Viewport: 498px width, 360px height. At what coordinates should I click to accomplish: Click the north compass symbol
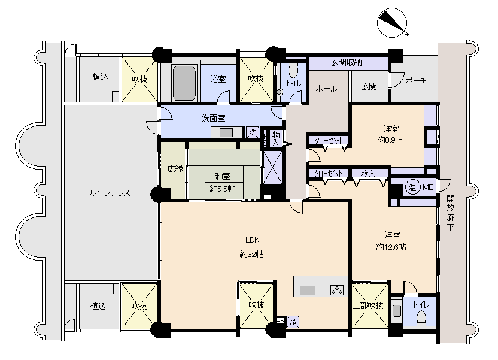point(392,23)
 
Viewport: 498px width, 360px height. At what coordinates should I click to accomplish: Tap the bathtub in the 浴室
point(184,83)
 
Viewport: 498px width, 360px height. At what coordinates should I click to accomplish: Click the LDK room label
point(253,240)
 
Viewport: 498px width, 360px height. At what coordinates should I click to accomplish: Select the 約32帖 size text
point(251,254)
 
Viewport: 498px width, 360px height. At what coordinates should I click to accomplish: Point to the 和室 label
point(223,176)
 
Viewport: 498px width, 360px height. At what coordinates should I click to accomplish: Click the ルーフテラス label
point(110,193)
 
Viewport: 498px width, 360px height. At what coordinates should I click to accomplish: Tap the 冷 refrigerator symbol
point(293,322)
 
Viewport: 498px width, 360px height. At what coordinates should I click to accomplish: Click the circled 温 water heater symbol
point(412,187)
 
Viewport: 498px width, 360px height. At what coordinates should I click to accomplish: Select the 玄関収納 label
point(347,62)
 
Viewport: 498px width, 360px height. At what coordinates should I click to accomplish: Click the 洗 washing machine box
point(253,132)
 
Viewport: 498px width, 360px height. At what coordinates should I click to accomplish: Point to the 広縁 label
point(175,168)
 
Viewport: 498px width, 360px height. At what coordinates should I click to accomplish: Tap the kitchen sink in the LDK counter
point(308,291)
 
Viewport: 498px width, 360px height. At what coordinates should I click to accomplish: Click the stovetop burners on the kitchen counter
point(336,290)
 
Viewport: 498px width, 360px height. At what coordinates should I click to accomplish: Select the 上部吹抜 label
point(368,305)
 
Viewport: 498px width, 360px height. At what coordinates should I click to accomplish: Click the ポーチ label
point(416,81)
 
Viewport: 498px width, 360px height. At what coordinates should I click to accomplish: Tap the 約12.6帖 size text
point(391,247)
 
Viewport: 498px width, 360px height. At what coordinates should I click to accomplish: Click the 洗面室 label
point(214,118)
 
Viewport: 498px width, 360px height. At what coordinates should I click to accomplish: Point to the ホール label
point(326,89)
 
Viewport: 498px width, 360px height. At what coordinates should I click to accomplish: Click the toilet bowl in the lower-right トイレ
point(421,317)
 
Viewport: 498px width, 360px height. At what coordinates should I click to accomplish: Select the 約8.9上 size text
point(390,140)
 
